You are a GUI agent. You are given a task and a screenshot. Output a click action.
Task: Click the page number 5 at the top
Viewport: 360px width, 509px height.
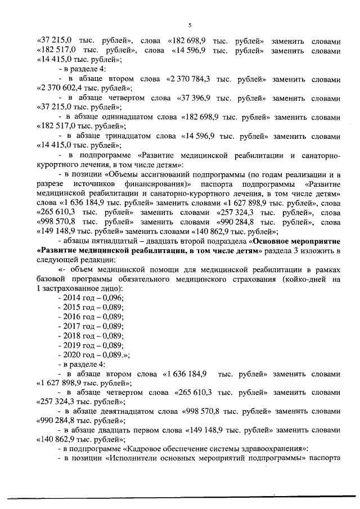190,25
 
